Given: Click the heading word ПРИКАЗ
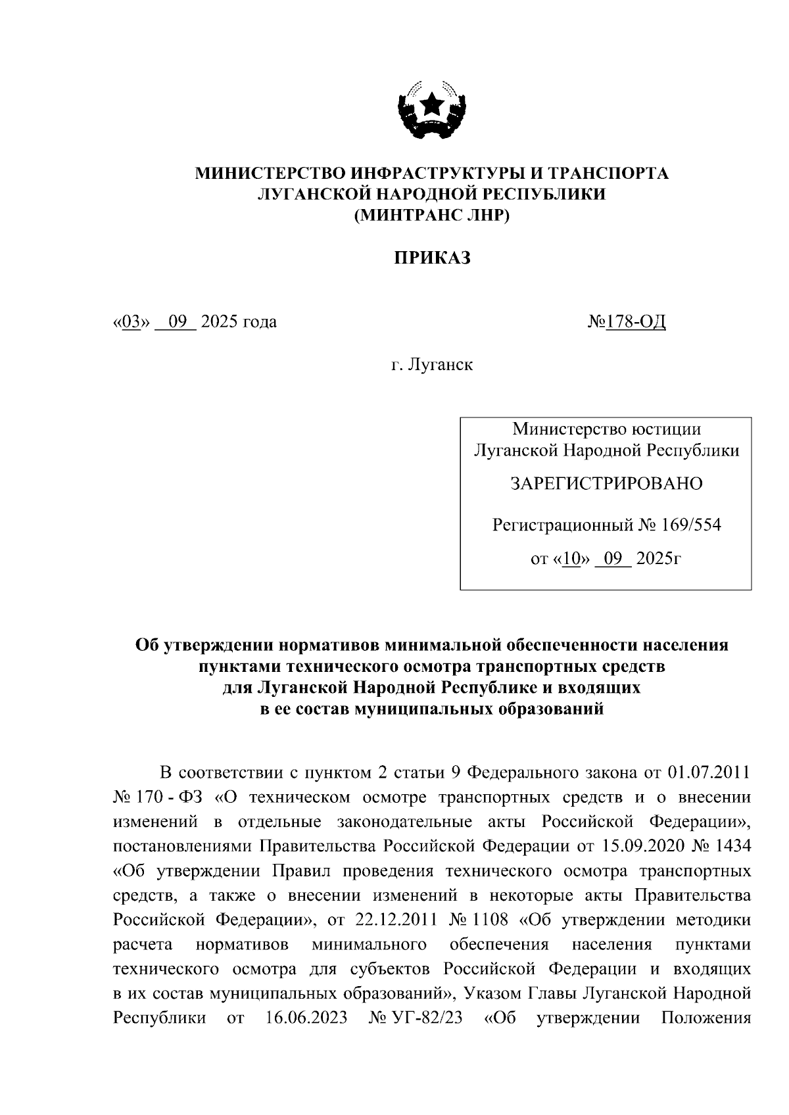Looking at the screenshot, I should tap(432, 258).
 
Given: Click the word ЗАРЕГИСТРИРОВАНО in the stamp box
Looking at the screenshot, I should tap(606, 484).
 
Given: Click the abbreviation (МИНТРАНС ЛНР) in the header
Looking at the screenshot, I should tap(432, 216).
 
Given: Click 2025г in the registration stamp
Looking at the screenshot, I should tap(658, 559).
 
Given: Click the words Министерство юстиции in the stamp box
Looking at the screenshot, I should tap(606, 429).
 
